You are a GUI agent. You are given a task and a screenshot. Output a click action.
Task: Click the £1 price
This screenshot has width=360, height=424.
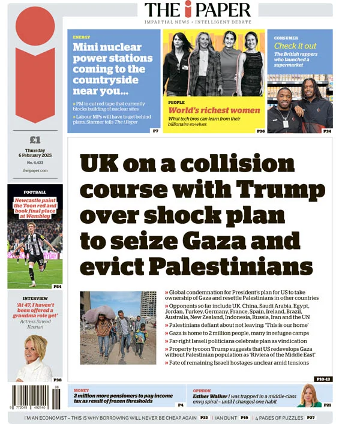(35, 140)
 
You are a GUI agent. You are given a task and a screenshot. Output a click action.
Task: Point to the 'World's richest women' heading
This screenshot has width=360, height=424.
(214, 110)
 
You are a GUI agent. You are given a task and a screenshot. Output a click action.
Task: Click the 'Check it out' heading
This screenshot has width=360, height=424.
(295, 46)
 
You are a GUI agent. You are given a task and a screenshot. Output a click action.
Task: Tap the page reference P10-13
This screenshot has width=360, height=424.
(323, 379)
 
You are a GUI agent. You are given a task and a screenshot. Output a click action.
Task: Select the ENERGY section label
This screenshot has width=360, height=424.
(82, 37)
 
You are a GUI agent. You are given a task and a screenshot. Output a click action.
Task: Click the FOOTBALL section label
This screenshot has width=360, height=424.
(35, 192)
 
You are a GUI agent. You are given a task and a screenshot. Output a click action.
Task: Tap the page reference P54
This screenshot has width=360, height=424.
(57, 287)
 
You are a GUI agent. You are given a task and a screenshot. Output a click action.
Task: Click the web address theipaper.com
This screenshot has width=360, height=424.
(35, 170)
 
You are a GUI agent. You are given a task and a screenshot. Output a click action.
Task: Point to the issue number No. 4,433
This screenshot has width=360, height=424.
(35, 163)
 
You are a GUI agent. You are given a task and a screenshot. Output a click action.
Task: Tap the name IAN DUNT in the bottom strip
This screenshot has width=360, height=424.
(226, 417)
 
